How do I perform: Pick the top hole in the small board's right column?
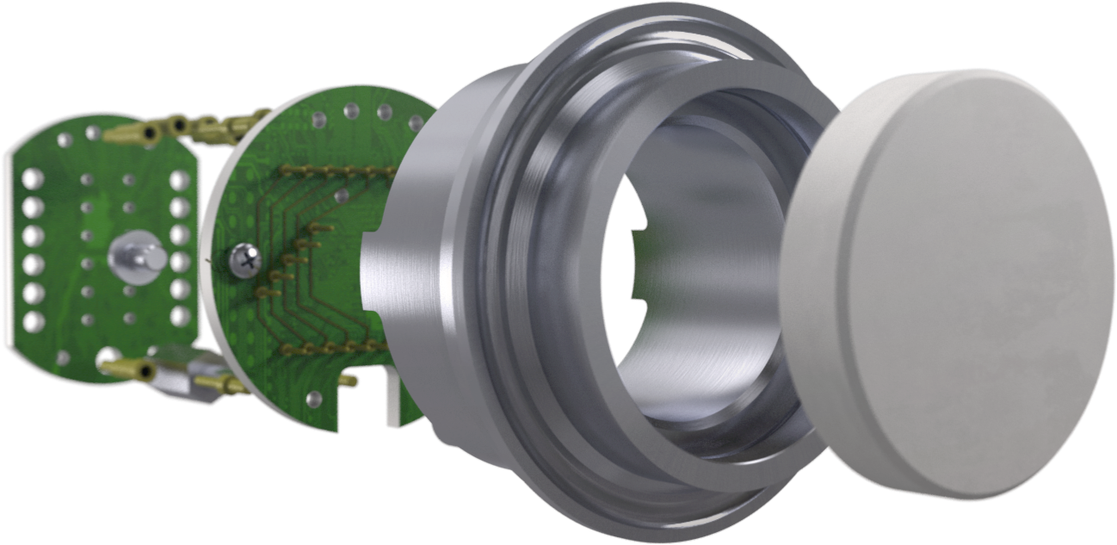point(181,179)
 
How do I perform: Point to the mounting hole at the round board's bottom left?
point(315,398)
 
